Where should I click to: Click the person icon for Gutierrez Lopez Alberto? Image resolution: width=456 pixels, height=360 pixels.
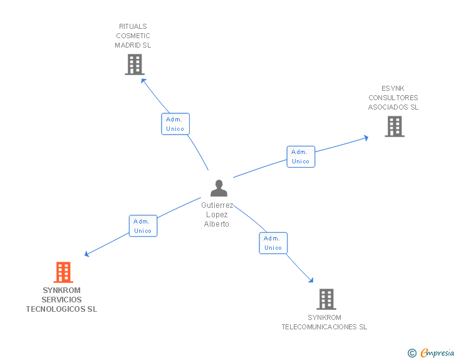pos(219,188)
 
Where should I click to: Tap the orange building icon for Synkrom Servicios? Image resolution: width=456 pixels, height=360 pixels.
pos(63,272)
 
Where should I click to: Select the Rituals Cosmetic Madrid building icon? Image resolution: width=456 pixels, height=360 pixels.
pos(134,64)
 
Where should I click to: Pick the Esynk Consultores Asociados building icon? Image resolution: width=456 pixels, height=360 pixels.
pos(394,126)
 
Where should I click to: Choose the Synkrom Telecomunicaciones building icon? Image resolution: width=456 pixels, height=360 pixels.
pos(326,299)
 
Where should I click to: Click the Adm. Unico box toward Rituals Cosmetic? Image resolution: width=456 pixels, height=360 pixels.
pos(175,124)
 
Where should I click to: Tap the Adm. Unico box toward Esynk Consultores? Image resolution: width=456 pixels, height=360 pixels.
pos(301,157)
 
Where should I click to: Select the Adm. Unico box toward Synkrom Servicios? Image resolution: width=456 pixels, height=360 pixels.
pos(143,226)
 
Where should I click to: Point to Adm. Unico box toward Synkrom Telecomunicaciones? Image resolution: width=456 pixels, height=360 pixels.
pos(273,243)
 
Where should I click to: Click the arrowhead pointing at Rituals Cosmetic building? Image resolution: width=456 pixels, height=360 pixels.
pos(143,80)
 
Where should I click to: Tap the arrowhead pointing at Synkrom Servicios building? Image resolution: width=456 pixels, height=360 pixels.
pos(87,254)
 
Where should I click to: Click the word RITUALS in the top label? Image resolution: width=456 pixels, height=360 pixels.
pos(133,26)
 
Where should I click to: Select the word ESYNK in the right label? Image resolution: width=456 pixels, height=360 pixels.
pos(393,88)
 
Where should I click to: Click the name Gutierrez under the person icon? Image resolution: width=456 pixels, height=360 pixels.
pos(217,205)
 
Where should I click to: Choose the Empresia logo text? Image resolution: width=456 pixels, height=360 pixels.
pos(438,353)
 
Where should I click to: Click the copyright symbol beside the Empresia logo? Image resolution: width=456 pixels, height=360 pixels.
pos(412,354)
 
